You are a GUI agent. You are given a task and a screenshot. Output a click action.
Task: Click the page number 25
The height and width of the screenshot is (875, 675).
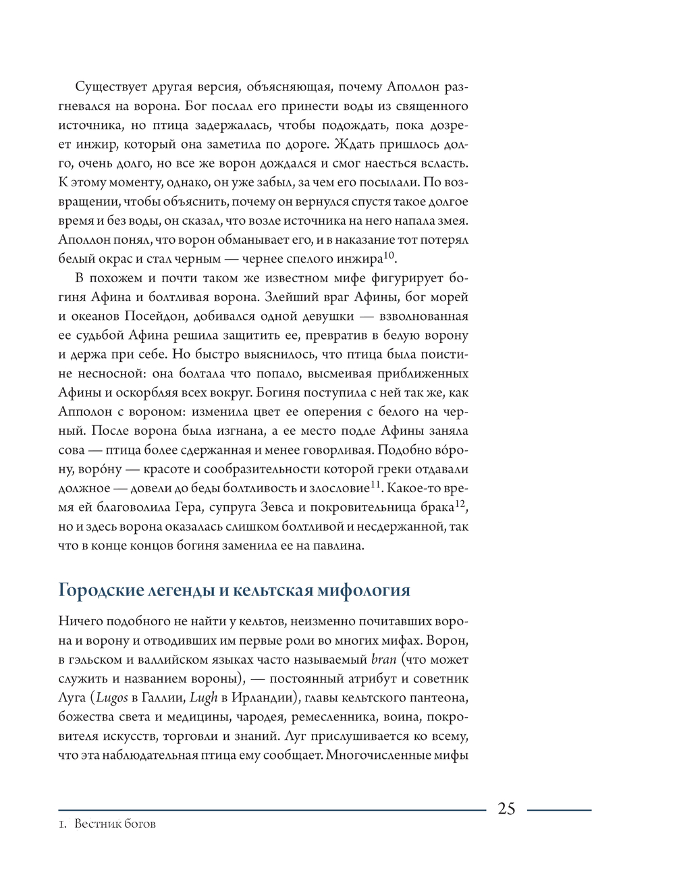506,809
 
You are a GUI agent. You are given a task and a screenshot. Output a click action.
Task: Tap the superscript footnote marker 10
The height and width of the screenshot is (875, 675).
389,255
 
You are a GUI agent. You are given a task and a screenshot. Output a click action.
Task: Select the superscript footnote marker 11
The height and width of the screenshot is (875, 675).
375,485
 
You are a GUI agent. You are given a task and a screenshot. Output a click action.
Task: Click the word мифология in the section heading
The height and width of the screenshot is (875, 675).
359,591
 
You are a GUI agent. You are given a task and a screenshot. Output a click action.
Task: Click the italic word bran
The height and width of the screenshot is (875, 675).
383,660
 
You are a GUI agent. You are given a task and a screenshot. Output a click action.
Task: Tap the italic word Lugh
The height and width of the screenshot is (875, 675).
203,698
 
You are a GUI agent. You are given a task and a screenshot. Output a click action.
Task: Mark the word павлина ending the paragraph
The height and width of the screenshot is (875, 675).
339,546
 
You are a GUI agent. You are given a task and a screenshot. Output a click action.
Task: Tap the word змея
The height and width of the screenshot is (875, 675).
452,221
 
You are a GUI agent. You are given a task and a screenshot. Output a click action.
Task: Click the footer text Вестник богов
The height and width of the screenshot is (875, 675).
115,824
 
